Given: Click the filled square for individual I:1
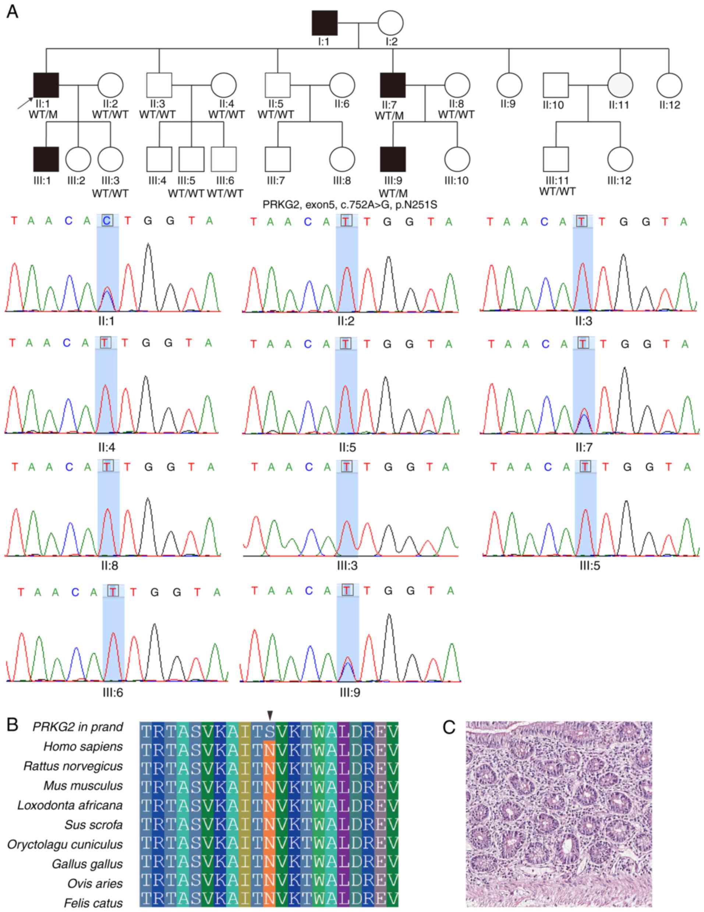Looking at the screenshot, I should (x=325, y=23).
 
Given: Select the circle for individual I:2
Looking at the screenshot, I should (x=390, y=23).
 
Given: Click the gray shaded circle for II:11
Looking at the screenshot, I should (x=620, y=85).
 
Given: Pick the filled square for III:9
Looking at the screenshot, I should (x=393, y=159).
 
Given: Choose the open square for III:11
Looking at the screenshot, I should (x=556, y=159).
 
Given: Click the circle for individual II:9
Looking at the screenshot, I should (x=509, y=85).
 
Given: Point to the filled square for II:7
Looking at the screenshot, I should (x=393, y=85).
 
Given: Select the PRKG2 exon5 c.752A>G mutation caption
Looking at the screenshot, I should (x=350, y=205).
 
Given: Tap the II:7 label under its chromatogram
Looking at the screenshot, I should (x=583, y=447).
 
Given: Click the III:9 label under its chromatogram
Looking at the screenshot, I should (x=350, y=693).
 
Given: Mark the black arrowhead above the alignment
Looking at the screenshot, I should (x=270, y=715).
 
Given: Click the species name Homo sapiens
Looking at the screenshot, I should (x=83, y=747).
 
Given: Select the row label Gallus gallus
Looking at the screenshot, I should (x=87, y=864).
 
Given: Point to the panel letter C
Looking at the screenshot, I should (x=449, y=727).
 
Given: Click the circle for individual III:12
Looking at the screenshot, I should (x=620, y=159).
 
